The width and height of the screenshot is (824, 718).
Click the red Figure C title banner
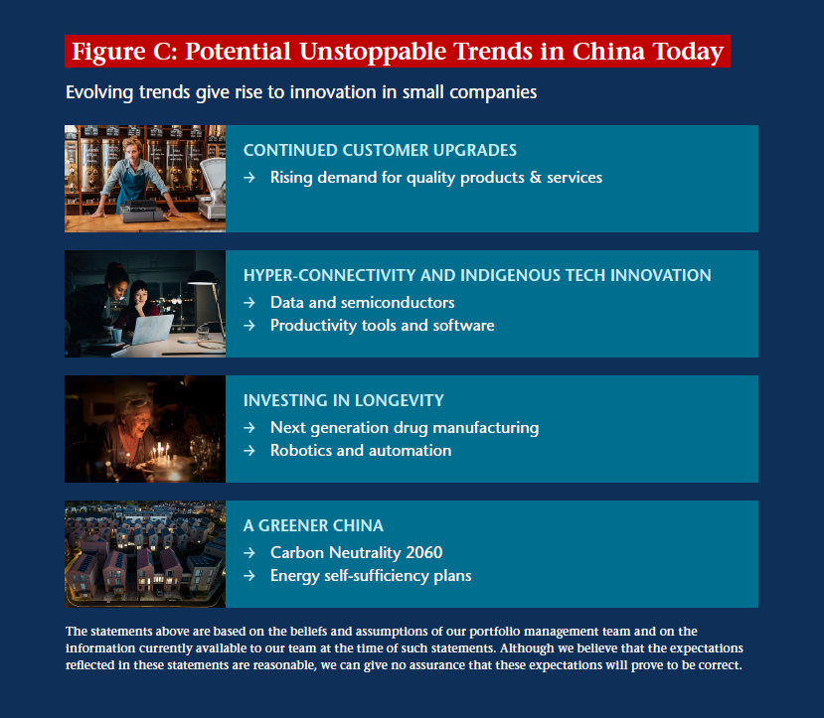(398, 51)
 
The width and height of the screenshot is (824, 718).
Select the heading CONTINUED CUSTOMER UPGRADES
(380, 150)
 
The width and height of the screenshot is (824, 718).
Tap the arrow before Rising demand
(249, 178)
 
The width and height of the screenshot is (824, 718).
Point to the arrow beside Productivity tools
(249, 326)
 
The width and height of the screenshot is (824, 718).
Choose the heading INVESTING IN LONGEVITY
(344, 400)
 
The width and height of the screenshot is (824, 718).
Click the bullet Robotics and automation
(361, 450)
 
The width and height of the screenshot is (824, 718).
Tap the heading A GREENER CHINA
(313, 525)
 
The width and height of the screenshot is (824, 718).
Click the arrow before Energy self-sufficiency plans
(249, 576)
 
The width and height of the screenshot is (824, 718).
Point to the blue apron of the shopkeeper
(131, 190)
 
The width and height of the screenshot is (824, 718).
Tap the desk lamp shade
(204, 278)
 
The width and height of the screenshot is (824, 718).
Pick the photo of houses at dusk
(145, 554)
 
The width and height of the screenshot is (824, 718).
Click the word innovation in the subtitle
(333, 92)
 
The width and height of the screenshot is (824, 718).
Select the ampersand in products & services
(536, 178)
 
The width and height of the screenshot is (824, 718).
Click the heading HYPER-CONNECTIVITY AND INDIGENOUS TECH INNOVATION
(477, 275)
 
